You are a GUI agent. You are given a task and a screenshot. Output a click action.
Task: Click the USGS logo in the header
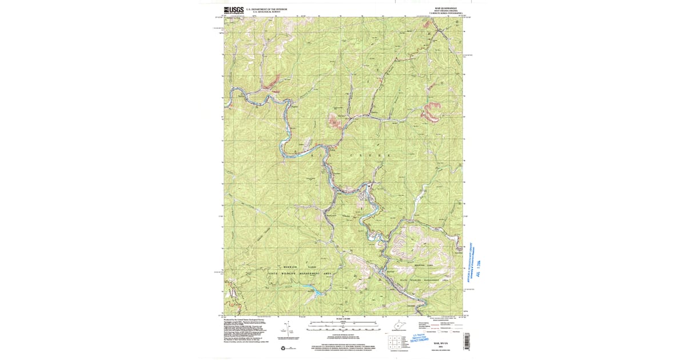[x=233, y=10]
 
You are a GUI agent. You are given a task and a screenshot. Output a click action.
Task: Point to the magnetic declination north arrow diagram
[x=290, y=329]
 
